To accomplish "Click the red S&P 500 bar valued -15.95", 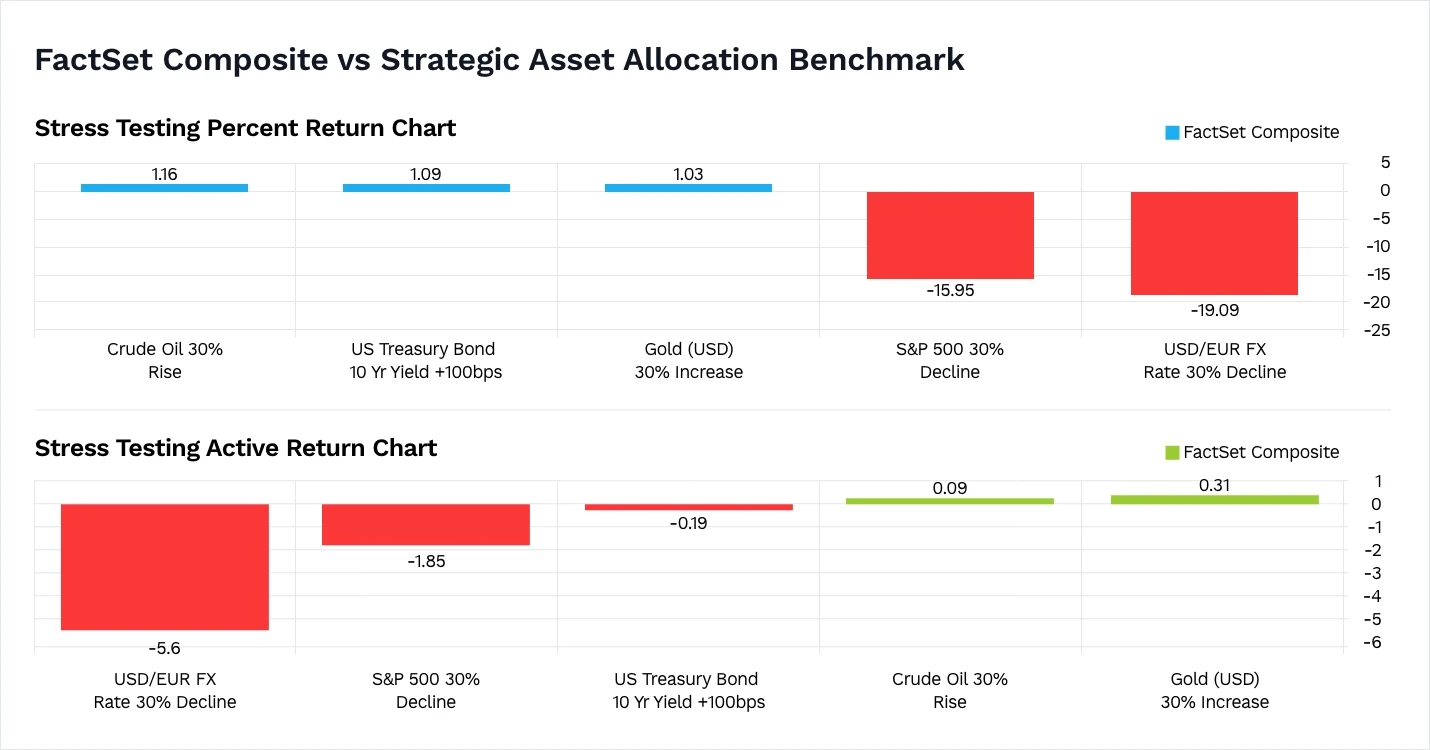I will (x=950, y=235).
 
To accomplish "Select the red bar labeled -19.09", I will (x=1214, y=243).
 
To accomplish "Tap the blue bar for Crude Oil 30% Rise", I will (x=164, y=187).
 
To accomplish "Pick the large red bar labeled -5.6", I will (x=164, y=566).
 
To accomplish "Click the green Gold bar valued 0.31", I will (x=1214, y=499).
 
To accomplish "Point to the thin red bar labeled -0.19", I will (x=688, y=507).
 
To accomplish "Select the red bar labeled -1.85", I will (x=425, y=524).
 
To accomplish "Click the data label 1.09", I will (x=425, y=174).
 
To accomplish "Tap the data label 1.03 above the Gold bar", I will (x=688, y=174).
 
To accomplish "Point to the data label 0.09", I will (x=950, y=488).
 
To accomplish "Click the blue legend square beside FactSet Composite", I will (x=1172, y=132).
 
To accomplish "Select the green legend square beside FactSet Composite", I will (x=1172, y=452).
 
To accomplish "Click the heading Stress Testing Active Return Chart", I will (x=236, y=448).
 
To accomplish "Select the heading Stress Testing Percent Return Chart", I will (x=245, y=128).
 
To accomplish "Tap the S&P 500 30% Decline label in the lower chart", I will (x=425, y=690).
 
